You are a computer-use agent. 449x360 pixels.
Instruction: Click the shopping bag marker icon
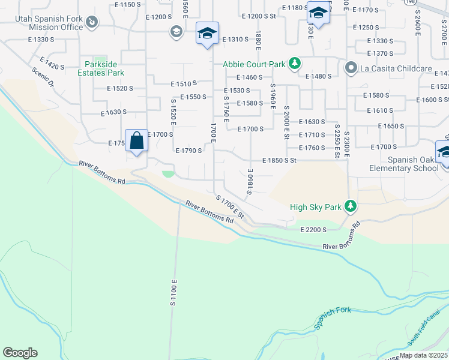tap(137, 142)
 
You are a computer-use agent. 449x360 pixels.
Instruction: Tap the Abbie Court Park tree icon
tap(295, 63)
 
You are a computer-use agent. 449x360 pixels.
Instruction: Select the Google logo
tap(20, 353)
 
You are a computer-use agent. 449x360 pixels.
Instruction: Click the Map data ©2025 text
tap(423, 355)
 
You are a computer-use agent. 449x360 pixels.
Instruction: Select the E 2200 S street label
tap(313, 230)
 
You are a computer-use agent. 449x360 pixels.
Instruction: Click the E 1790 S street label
tap(188, 151)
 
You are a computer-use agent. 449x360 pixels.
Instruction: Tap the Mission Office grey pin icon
tap(92, 23)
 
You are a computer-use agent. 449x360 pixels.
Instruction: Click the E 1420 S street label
tap(52, 64)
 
